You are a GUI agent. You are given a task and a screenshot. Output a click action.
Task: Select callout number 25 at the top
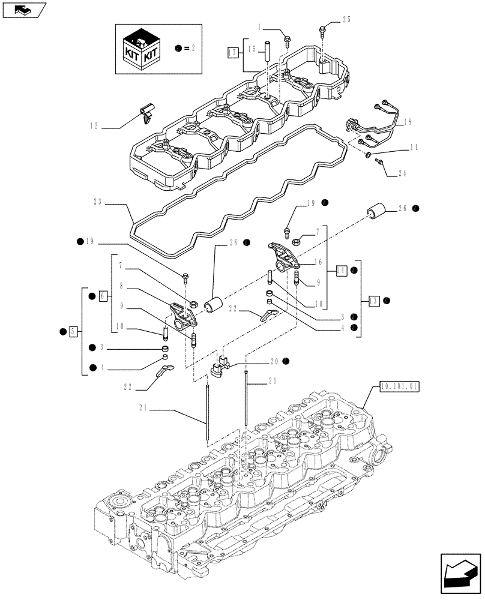point(346,20)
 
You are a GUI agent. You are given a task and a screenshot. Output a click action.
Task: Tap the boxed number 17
point(233,52)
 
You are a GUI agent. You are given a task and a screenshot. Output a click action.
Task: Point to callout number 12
point(94,127)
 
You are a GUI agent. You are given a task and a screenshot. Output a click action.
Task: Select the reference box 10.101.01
point(399,388)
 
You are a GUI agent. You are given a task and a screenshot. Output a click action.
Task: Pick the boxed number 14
point(340,270)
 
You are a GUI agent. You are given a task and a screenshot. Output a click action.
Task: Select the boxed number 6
point(103,296)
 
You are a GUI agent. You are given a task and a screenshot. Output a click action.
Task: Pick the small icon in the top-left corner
point(23,10)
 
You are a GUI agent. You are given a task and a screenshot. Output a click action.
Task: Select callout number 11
point(414,146)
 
